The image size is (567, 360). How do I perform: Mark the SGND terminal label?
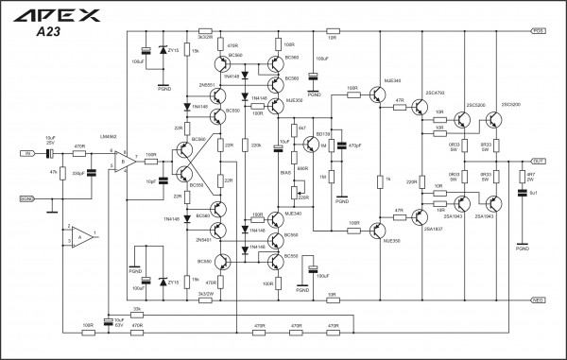(x=27, y=199)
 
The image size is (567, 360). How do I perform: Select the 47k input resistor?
(x=62, y=174)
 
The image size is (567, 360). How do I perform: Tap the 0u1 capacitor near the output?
(x=521, y=194)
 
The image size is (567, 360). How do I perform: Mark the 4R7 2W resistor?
(x=521, y=175)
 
